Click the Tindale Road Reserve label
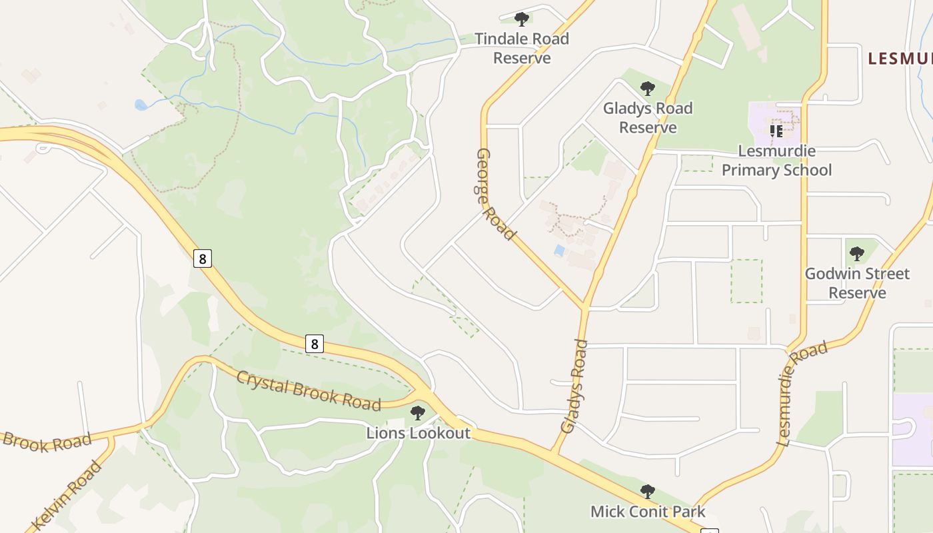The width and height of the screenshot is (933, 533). tap(522, 49)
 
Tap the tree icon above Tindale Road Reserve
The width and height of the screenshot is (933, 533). tap(522, 19)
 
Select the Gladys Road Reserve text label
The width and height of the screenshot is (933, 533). tap(648, 118)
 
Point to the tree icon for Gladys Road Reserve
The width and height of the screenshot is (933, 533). tap(647, 88)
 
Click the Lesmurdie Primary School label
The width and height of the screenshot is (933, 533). tap(776, 161)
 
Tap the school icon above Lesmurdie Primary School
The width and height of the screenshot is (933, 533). tap(776, 131)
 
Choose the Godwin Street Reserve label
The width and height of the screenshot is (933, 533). tap(857, 283)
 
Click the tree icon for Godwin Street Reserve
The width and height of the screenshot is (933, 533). tap(857, 253)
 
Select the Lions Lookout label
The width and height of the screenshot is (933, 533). tap(419, 433)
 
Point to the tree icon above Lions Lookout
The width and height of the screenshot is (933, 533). tap(418, 413)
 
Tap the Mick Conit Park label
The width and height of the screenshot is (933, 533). tap(648, 512)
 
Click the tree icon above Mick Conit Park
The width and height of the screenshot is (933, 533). tap(647, 492)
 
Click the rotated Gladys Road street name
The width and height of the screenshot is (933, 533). tap(574, 386)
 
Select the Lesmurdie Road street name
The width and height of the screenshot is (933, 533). tap(802, 393)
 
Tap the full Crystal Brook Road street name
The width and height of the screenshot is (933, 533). tap(309, 390)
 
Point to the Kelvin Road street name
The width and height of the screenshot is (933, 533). tap(67, 495)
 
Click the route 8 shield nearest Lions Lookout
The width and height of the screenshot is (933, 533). tap(314, 344)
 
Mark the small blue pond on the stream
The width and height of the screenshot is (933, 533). tap(141, 105)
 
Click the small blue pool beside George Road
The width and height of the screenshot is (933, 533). tap(559, 251)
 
